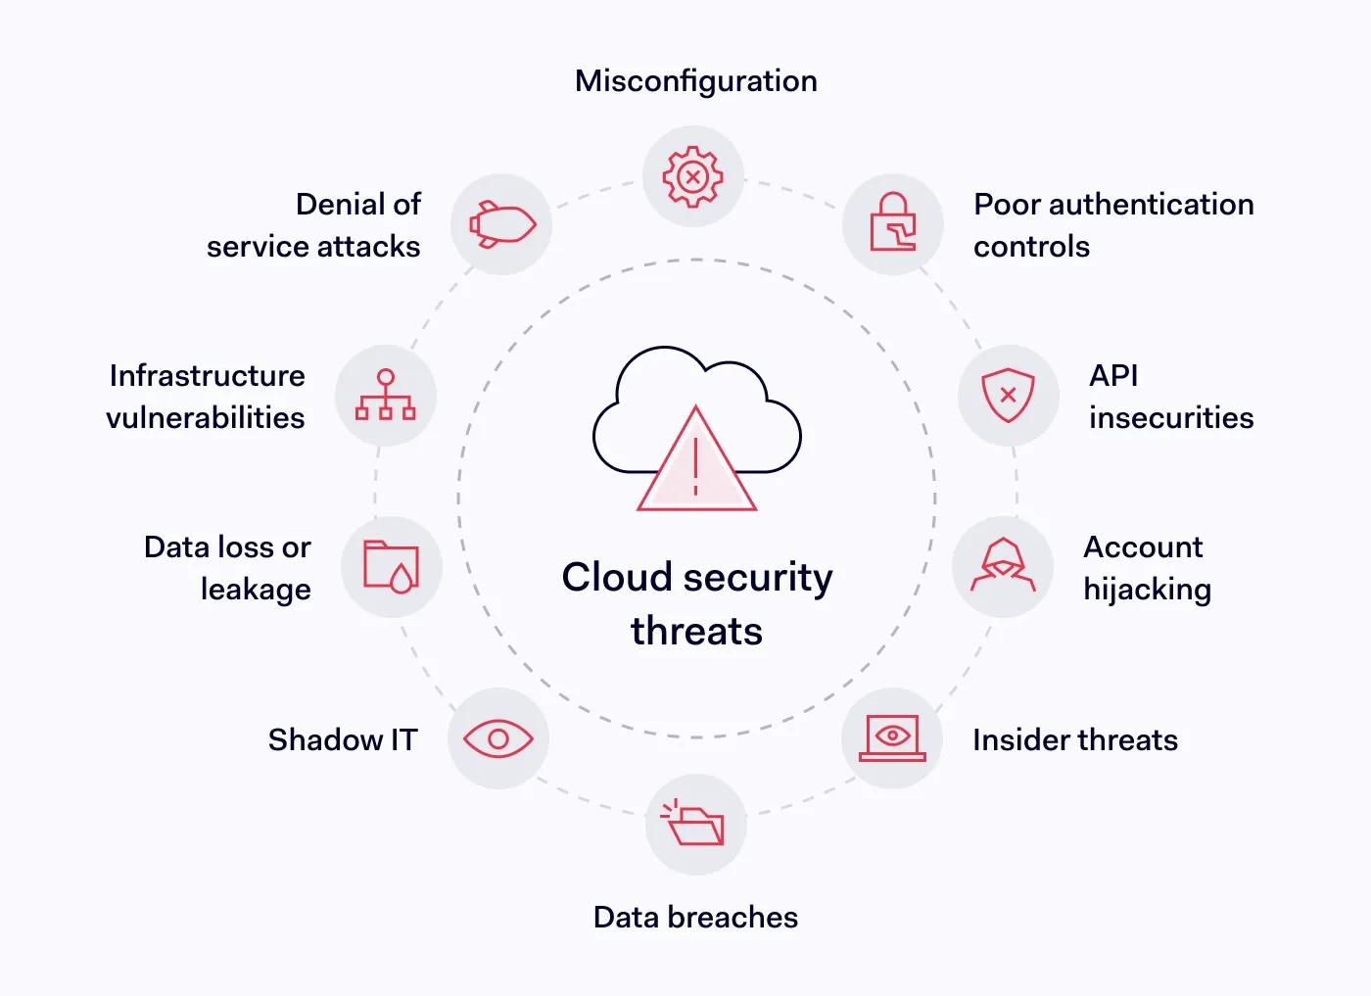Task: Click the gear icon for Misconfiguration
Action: [x=693, y=176]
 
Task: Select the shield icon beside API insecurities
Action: [x=1008, y=395]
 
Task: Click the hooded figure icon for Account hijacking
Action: [x=1003, y=566]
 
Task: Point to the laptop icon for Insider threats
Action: [x=892, y=738]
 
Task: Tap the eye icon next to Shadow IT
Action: [x=498, y=738]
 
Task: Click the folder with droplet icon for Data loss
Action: [x=391, y=566]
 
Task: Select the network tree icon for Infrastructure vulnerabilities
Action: [x=386, y=395]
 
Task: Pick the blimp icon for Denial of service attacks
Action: [x=501, y=224]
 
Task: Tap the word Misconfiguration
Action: [x=696, y=81]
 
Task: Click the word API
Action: [x=1113, y=376]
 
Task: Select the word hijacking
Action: [x=1147, y=590]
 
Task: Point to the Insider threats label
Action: [x=1074, y=740]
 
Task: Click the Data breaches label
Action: [x=695, y=918]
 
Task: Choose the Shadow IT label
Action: [x=343, y=740]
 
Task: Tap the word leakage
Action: [x=256, y=590]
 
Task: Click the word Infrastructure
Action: [x=208, y=376]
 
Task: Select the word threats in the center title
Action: [x=696, y=632]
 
